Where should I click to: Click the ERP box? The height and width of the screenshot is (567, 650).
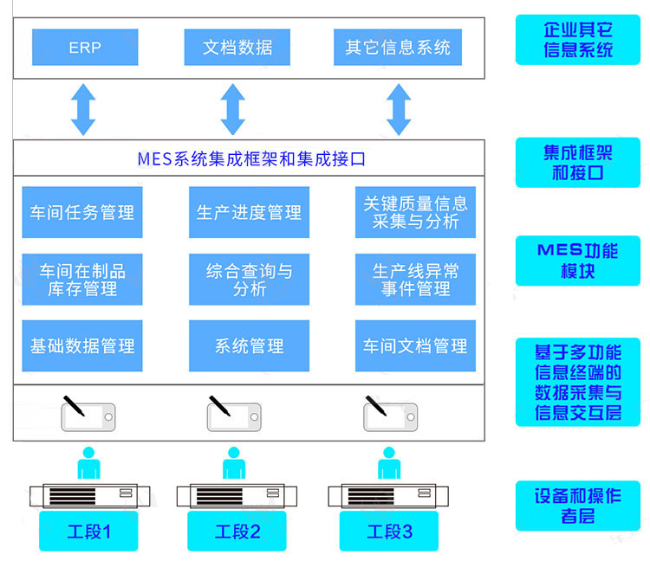point(85,48)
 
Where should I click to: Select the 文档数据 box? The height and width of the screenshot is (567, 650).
point(237,48)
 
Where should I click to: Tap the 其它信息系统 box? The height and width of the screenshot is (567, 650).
point(398,48)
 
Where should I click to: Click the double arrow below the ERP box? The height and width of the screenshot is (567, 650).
point(83,109)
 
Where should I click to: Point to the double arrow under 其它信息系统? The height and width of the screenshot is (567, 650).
point(398,109)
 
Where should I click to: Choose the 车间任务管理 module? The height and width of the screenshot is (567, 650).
point(82,212)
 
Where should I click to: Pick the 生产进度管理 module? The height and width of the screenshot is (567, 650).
point(249,212)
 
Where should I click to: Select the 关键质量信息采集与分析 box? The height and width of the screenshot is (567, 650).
point(415,212)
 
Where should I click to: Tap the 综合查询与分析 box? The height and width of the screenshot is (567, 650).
point(249,280)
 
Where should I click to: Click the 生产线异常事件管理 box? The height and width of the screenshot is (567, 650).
point(415,280)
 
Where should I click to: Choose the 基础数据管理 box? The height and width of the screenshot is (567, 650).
point(82,346)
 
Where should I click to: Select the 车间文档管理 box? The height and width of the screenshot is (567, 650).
point(415,346)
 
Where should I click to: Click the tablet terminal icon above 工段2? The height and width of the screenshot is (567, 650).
point(233,414)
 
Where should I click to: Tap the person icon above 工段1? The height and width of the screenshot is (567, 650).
point(87,463)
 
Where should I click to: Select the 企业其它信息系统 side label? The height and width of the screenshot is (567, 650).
point(578,40)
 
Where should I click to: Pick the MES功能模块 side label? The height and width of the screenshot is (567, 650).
point(578,261)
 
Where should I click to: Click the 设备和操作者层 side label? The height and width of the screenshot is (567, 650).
point(578,506)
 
